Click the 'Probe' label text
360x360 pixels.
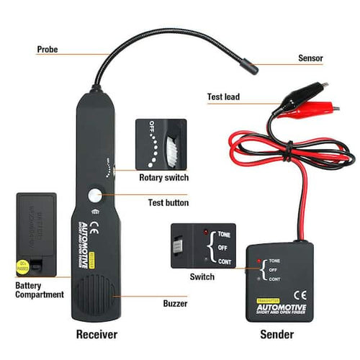click(48, 50)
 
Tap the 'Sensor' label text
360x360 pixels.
click(310, 58)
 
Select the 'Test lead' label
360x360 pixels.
click(223, 96)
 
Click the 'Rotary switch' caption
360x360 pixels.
click(164, 177)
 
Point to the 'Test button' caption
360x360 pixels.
click(168, 203)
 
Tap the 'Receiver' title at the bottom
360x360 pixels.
click(98, 335)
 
